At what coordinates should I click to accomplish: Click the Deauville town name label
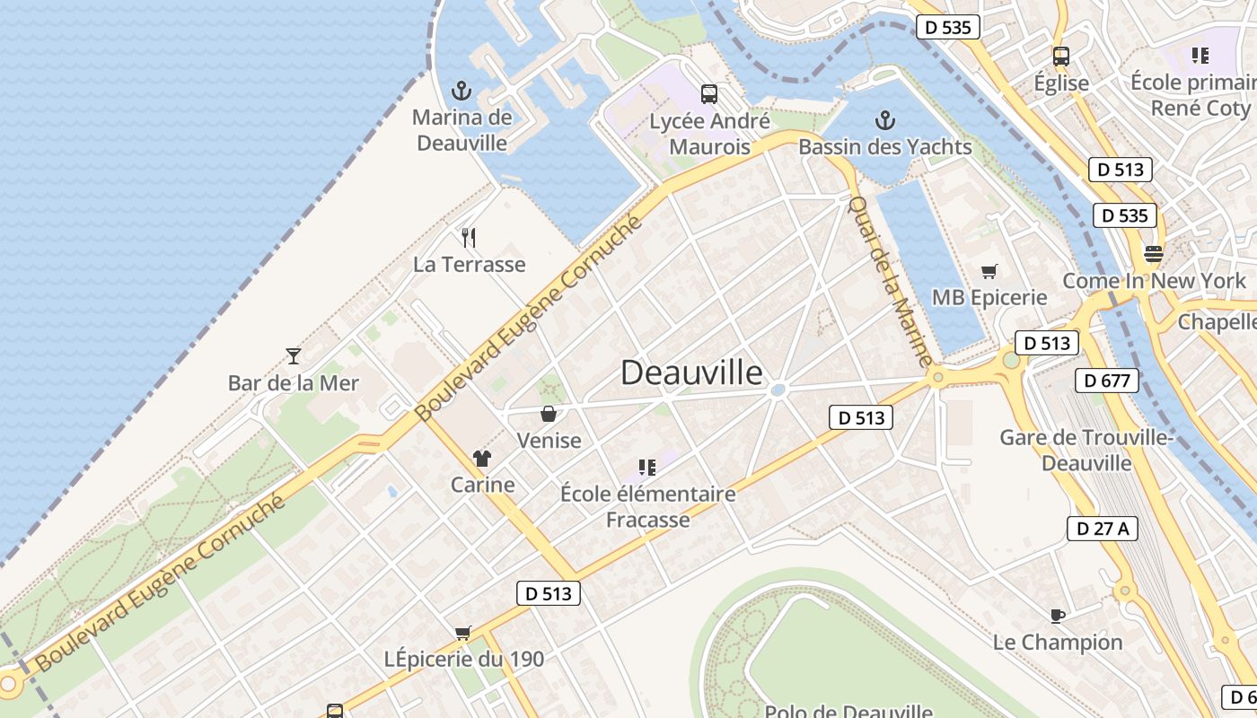[x=691, y=372]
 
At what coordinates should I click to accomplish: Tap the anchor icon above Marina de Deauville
[x=461, y=91]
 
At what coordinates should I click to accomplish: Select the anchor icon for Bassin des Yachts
[x=885, y=120]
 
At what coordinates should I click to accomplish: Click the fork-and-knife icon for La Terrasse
[x=468, y=238]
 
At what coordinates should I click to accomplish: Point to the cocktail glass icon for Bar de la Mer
[x=293, y=355]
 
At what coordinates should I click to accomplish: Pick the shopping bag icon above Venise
[x=548, y=414]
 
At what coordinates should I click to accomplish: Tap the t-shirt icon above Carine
[x=482, y=459]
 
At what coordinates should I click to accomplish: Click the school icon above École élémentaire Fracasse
[x=646, y=467]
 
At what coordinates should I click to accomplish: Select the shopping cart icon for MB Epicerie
[x=989, y=271]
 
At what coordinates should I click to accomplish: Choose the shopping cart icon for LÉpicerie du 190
[x=463, y=633]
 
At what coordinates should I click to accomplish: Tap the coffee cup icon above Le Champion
[x=1058, y=616]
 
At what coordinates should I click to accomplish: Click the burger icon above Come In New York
[x=1154, y=254]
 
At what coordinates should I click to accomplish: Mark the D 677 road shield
[x=1105, y=381]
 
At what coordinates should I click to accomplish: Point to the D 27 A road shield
[x=1103, y=529]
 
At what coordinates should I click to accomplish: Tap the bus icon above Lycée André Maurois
[x=709, y=93]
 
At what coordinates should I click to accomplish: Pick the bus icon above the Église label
[x=1060, y=56]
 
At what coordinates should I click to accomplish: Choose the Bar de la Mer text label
[x=293, y=383]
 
